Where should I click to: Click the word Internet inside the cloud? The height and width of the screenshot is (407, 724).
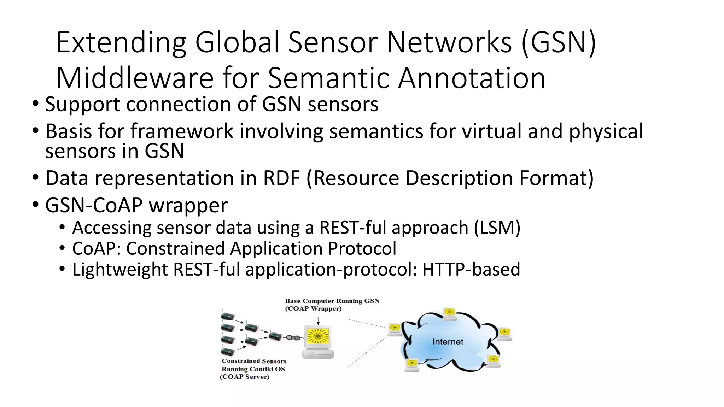(x=448, y=342)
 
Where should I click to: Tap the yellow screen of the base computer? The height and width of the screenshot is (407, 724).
(x=318, y=336)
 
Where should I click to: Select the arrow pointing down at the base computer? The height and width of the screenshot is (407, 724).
(x=318, y=321)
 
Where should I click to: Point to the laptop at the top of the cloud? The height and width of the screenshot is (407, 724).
(x=450, y=314)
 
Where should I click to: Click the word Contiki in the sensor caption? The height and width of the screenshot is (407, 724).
(x=262, y=369)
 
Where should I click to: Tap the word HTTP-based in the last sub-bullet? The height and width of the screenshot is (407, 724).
(x=471, y=269)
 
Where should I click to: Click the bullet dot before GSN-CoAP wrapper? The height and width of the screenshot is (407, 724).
(x=36, y=205)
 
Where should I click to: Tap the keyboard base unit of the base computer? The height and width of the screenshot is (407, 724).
(x=318, y=354)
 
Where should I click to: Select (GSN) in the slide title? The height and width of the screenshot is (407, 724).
(x=559, y=42)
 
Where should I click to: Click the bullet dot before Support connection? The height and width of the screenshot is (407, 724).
(x=36, y=104)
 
